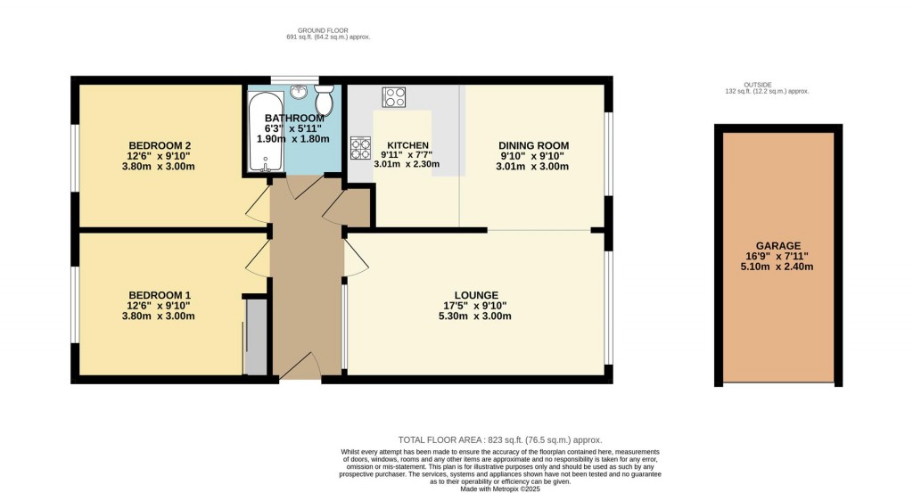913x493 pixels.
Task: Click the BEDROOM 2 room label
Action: click(x=160, y=145)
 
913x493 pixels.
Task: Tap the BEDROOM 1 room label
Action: click(x=160, y=295)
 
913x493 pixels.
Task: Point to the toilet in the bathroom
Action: click(x=325, y=102)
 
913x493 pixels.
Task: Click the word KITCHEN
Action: click(x=407, y=145)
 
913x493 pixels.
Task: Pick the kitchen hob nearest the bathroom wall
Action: click(x=361, y=147)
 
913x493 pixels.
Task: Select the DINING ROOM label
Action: click(x=533, y=145)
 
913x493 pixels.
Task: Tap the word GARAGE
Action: click(x=778, y=246)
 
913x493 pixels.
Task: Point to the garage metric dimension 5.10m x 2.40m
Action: click(x=778, y=267)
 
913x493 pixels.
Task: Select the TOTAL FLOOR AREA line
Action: click(x=499, y=440)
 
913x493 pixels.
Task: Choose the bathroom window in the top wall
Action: click(x=291, y=79)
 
